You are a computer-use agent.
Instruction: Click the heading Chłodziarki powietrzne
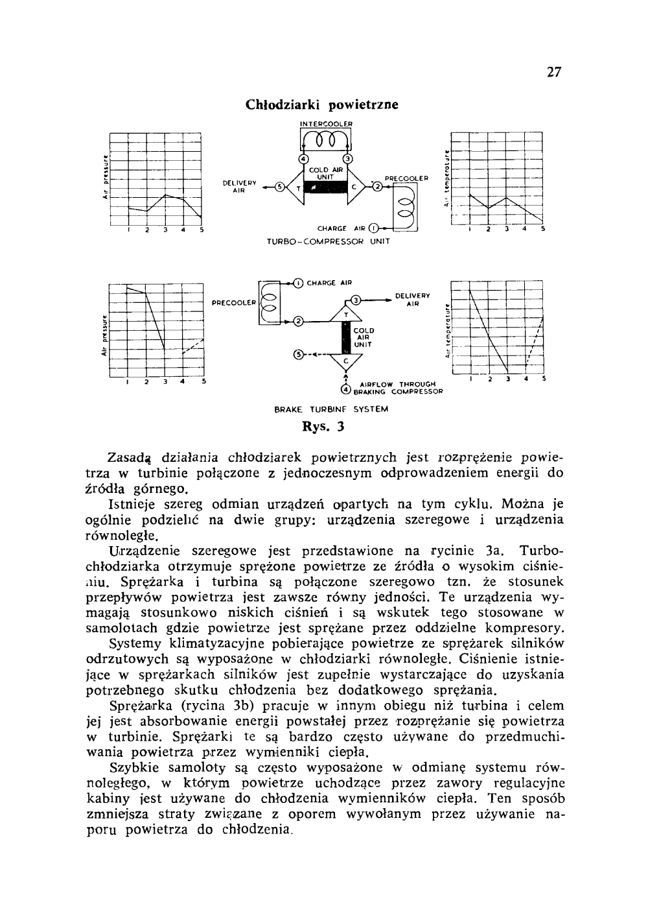[322, 104]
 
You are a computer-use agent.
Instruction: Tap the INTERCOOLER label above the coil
[327, 123]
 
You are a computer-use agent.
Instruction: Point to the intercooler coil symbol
[326, 140]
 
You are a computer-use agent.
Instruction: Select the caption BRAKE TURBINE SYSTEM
[331, 409]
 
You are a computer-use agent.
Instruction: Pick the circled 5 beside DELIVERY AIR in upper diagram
[280, 188]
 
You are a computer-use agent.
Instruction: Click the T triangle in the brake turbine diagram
[347, 315]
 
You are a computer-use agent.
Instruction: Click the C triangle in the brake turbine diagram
[346, 360]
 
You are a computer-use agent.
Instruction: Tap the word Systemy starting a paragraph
[136, 644]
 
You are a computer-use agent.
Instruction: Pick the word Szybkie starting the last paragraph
[134, 769]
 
